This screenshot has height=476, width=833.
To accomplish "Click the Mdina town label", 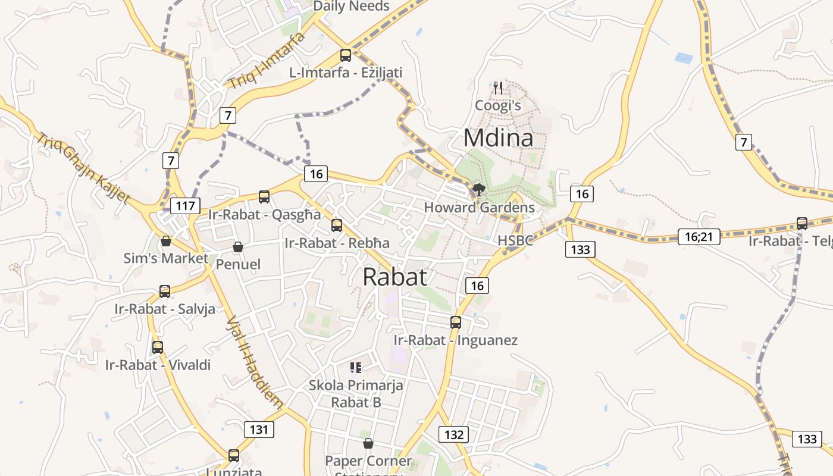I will pos(498,138).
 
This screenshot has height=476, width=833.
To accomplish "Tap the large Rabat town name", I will pos(394,277).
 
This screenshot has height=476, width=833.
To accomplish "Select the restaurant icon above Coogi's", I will pos(499,88).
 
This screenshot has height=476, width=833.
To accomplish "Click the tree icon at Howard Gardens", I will pos(478,190).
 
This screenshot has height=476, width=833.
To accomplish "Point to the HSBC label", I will pos(515,240).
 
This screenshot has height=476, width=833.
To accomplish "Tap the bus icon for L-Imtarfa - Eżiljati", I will pos(345,55).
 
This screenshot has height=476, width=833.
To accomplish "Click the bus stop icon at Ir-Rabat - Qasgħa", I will pos(264,197).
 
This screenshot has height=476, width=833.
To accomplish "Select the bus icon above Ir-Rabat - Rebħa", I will pos(337,226).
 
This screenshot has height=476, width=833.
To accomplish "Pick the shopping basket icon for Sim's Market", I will pos(166,241).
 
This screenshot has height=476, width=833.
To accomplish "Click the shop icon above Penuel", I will pos(238,247).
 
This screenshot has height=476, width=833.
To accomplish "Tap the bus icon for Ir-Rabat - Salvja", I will pos(165,292).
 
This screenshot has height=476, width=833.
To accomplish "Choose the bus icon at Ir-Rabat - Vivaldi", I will pos(158,347).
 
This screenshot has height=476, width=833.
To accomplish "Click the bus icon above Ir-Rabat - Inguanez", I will pos(456,322).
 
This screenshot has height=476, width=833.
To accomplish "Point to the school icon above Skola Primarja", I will pos(356,368).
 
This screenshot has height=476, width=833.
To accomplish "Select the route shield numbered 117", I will pos(186,206).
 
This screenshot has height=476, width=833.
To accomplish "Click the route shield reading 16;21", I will pos(699,237).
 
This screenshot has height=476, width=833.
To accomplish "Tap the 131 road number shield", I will pos(259,430).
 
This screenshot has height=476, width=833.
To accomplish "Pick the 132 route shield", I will pos(453,434).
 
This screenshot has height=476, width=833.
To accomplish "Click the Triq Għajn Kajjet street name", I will pos(83,168).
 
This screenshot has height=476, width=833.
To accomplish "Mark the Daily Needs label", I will pos(351,7).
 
